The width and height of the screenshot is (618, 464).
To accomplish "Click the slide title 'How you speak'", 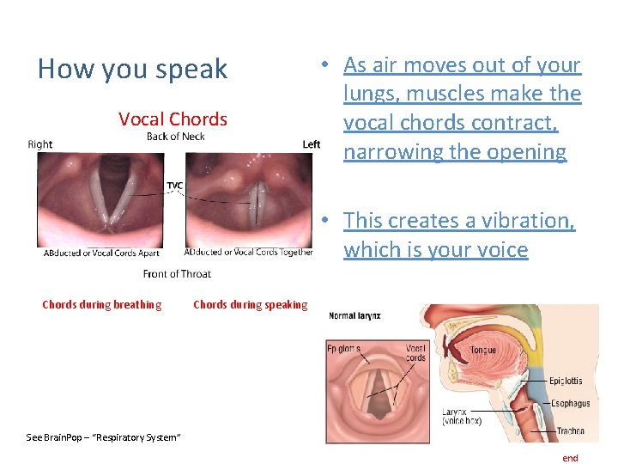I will tap(133, 70).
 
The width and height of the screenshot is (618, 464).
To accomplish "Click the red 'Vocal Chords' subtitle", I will tap(173, 119).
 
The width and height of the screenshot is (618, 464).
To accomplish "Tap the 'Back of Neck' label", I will tap(175, 137).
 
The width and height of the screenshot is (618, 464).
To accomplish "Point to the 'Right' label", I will tap(40, 144).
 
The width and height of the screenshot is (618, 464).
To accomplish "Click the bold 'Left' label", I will tap(311, 144).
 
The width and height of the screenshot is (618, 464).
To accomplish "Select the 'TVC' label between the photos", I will tap(174, 186).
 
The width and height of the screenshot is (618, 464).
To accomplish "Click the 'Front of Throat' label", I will tap(177, 274).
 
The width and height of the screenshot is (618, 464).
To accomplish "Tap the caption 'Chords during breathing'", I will tap(101, 304).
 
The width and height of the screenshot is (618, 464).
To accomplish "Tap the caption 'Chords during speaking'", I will tap(250, 304).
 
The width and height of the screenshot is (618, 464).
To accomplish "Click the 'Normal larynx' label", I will tap(354, 316).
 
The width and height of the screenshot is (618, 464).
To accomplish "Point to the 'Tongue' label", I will tap(482, 351).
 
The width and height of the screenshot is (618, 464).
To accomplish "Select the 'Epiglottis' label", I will tap(566, 381).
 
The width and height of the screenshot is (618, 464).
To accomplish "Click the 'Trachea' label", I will tap(569, 430).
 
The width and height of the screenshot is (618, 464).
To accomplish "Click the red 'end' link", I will tap(570, 458).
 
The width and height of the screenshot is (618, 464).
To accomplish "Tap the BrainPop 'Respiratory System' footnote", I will tap(103, 438).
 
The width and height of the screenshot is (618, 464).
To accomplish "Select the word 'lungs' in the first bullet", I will tap(367, 94).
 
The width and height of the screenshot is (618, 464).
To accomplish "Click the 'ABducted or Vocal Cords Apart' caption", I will tap(102, 253).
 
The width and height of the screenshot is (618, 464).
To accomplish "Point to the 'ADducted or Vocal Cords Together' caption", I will tap(248, 253).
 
